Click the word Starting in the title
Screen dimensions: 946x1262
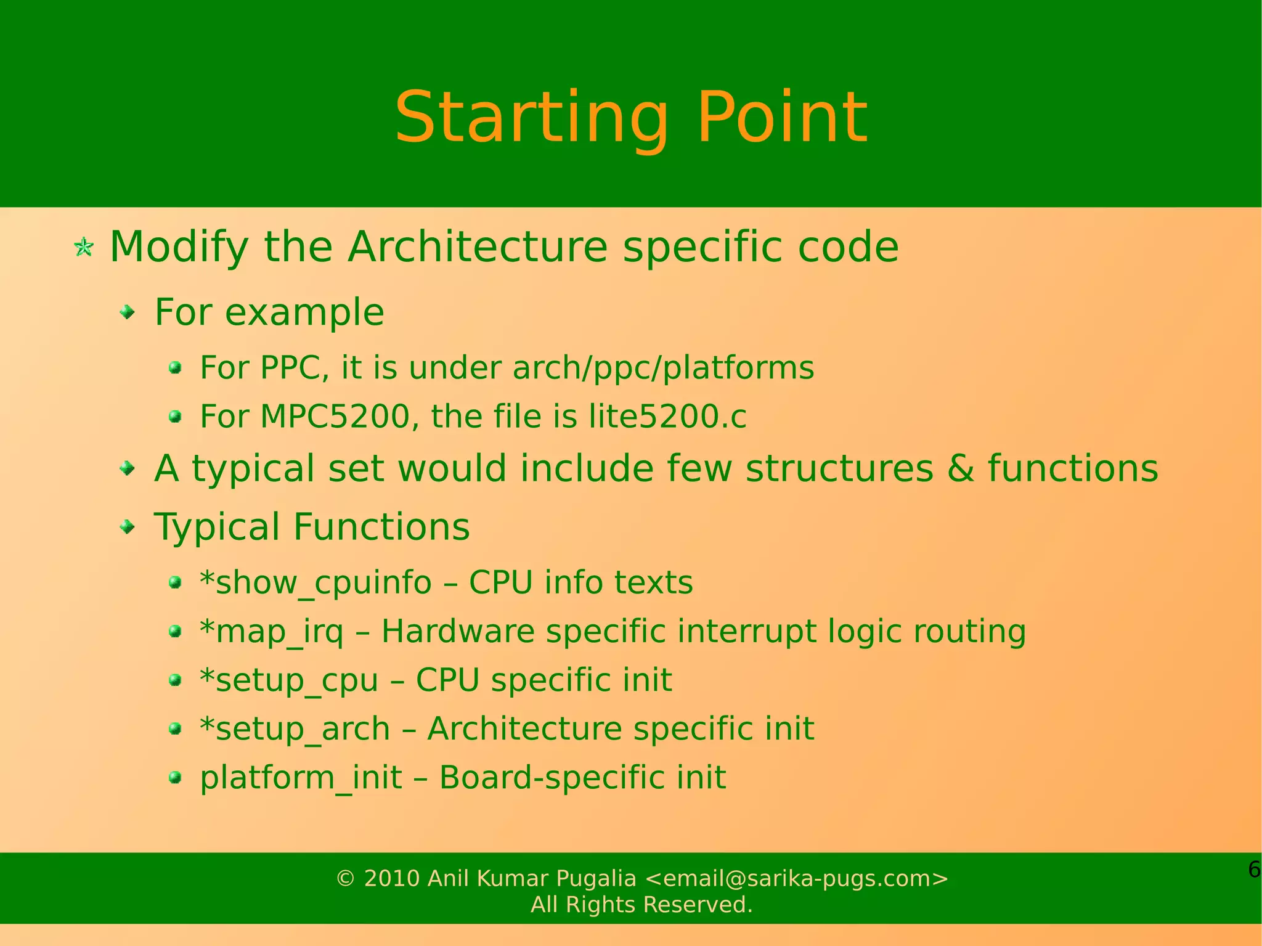(531, 118)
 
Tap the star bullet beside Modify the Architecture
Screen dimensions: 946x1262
(84, 248)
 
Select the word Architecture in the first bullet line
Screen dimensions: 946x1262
(478, 247)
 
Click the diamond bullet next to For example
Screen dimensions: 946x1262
(128, 313)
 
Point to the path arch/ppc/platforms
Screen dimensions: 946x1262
(663, 368)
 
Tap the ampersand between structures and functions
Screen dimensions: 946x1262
(961, 468)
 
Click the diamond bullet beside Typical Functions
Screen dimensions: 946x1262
(128, 528)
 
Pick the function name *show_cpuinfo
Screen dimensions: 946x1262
(315, 582)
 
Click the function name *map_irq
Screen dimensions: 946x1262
(272, 632)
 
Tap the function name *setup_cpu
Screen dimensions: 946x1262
(288, 680)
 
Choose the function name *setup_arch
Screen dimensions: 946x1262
(295, 729)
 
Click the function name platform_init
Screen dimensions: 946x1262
(301, 778)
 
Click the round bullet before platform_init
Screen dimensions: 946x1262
(176, 777)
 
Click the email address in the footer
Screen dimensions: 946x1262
(796, 878)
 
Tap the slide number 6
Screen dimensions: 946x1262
(1253, 870)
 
